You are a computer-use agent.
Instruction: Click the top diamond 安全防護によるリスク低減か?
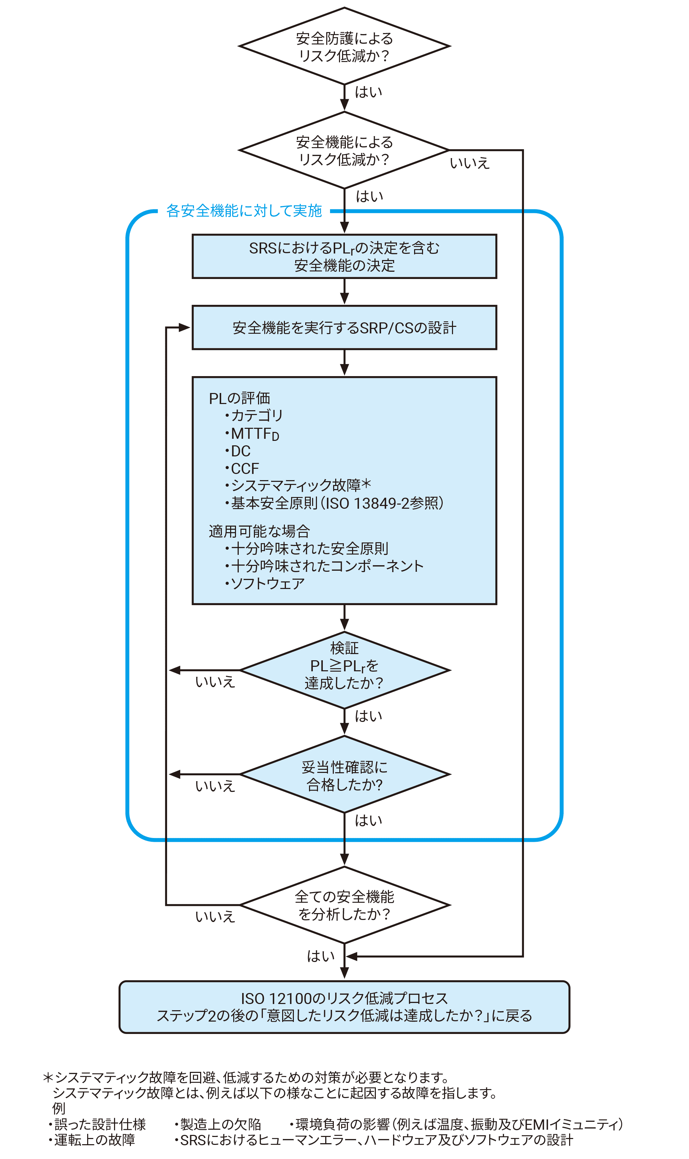[344, 46]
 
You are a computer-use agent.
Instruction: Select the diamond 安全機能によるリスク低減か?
[344, 150]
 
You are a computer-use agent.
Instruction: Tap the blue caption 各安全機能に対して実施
[244, 211]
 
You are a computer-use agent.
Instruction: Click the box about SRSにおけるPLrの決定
[344, 256]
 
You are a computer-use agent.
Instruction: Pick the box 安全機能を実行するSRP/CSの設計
[344, 328]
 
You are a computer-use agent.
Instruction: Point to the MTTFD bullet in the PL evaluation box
[255, 434]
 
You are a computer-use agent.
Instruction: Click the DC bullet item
[240, 451]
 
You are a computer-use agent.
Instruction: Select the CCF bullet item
[245, 468]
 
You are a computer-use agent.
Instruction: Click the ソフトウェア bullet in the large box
[267, 583]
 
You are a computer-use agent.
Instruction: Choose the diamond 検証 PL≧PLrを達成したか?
[344, 670]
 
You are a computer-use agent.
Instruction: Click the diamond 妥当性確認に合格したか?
[344, 774]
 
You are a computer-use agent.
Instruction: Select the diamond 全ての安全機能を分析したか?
[344, 905]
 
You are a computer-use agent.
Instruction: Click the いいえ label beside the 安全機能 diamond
[470, 163]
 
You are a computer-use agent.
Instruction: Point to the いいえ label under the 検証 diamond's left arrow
[215, 682]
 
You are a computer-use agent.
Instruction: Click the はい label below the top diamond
[368, 92]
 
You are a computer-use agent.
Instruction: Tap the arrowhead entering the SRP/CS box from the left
[185, 328]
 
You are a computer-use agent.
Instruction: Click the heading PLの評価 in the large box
[239, 398]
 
